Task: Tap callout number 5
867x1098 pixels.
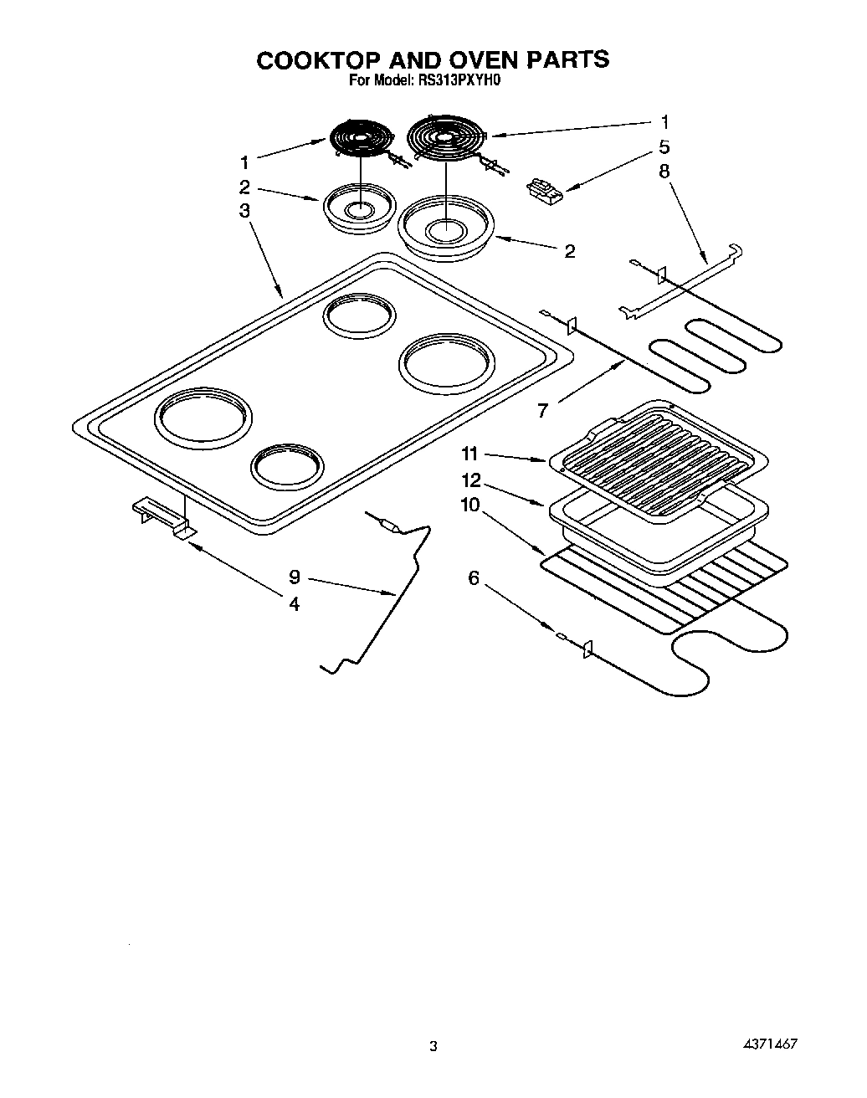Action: [x=664, y=147]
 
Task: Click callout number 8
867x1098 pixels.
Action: [x=664, y=172]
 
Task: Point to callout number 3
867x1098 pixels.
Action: [x=244, y=210]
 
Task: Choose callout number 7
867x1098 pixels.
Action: [x=542, y=410]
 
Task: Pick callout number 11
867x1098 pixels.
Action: [x=470, y=454]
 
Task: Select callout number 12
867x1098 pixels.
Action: [x=470, y=480]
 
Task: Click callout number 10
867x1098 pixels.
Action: [x=470, y=505]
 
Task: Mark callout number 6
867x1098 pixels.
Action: [x=474, y=577]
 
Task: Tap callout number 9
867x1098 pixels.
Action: [x=295, y=577]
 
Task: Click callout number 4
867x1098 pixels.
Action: [x=295, y=603]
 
